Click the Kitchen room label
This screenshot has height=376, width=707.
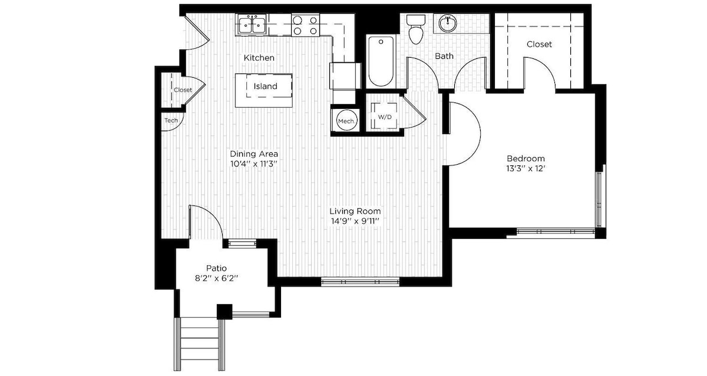[259, 58]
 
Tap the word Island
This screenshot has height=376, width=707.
[266, 86]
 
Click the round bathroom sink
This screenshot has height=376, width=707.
[448, 24]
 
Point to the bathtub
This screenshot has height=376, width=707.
[381, 61]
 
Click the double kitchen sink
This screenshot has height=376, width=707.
[252, 24]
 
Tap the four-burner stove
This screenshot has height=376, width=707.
[305, 25]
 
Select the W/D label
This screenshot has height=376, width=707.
[385, 117]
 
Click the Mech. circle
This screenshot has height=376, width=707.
[347, 120]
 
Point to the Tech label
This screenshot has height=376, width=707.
[171, 120]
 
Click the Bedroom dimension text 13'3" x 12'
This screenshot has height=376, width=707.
[526, 169]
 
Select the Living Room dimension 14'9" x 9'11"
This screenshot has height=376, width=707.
[355, 221]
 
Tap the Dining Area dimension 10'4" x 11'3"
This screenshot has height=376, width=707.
[253, 164]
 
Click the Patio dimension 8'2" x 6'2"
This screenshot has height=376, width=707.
[216, 278]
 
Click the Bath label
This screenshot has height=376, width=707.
[444, 56]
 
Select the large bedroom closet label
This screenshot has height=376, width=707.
[539, 44]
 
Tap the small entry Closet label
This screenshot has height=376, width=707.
[183, 90]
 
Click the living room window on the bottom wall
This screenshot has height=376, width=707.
[360, 281]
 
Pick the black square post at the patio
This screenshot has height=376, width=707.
[224, 312]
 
